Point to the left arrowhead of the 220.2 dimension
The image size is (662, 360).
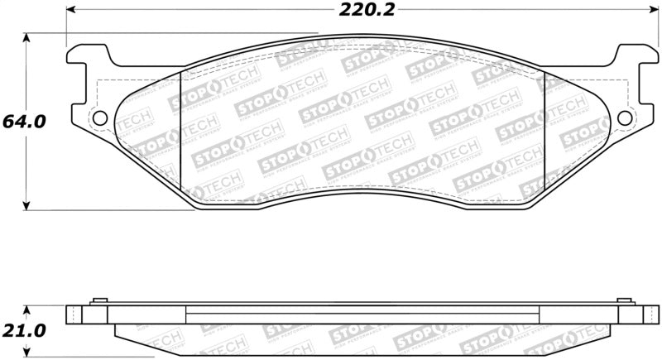pyautogui.click(x=70, y=11)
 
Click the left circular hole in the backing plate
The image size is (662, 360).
pyautogui.click(x=99, y=118)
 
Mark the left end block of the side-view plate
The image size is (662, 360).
pyautogui.click(x=75, y=314)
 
